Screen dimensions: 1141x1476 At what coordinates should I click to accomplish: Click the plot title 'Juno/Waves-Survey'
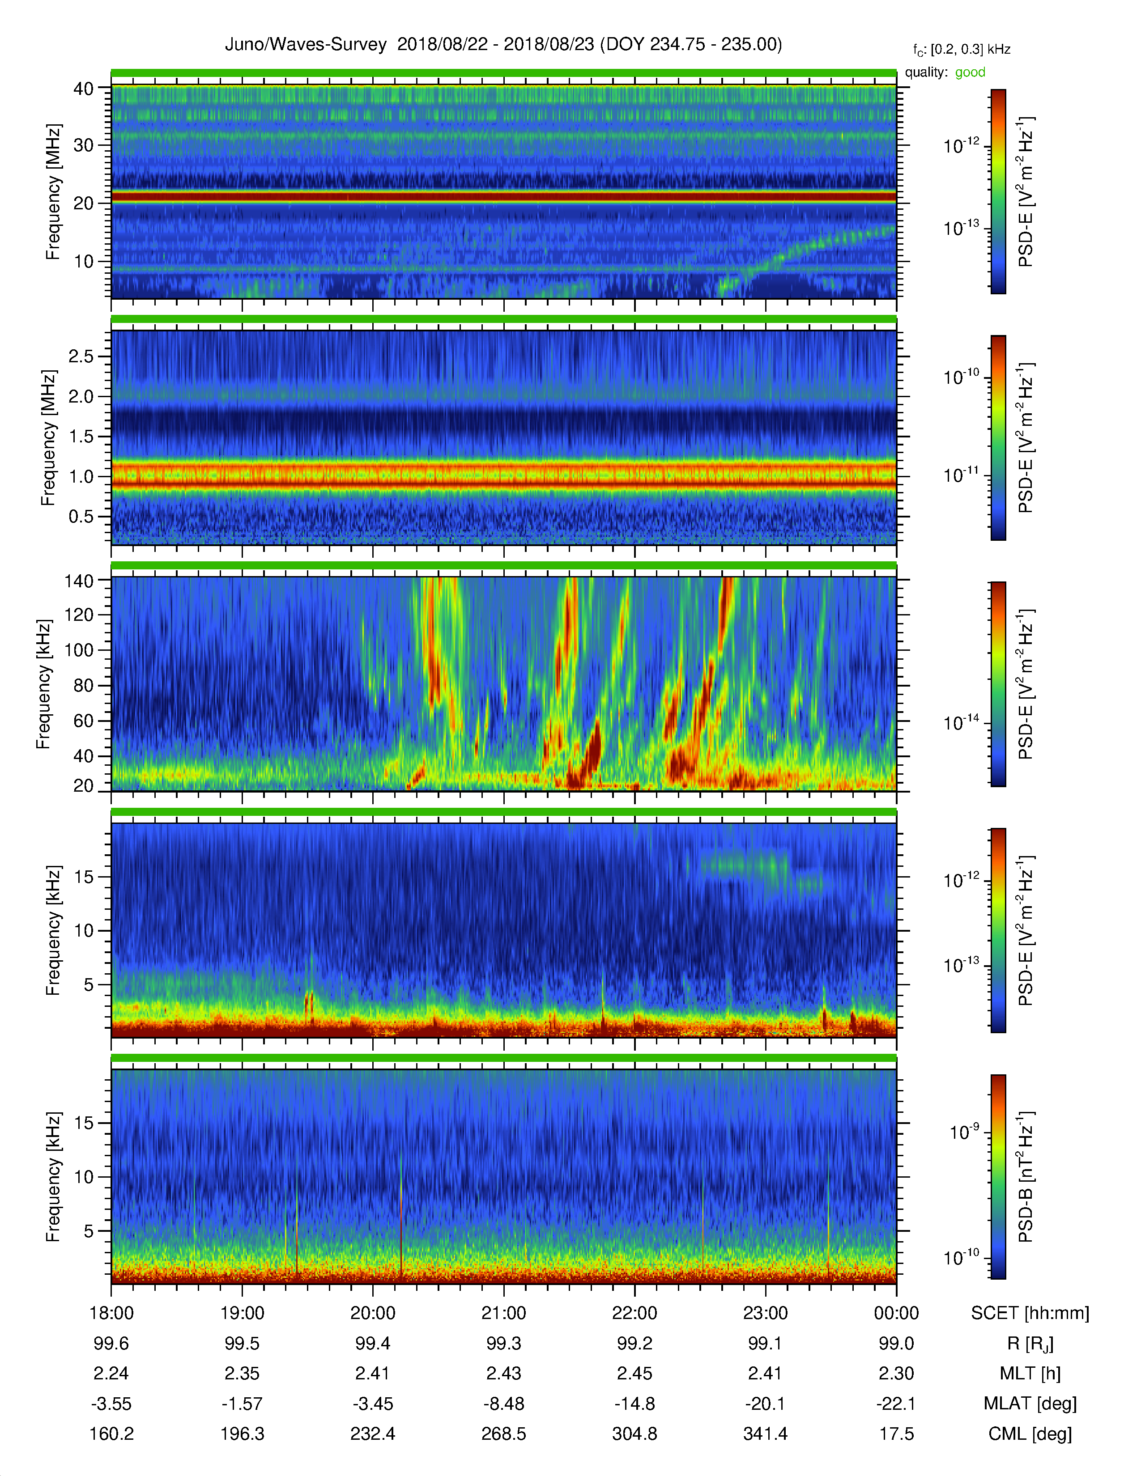coord(306,45)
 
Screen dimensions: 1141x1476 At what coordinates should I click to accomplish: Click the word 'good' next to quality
coord(970,72)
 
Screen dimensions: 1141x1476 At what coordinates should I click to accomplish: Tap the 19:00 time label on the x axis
coord(242,1313)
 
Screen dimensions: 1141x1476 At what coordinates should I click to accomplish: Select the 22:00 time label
coord(635,1313)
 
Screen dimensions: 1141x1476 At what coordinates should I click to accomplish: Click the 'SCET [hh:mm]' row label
coord(1030,1313)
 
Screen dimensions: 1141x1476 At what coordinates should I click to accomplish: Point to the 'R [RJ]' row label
coord(1030,1344)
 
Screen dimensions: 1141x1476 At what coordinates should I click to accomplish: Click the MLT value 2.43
coord(503,1373)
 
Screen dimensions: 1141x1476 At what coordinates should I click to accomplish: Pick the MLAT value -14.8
coord(635,1404)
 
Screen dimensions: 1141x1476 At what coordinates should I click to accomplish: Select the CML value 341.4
coord(765,1434)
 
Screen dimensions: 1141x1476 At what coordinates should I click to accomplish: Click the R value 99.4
coord(372,1344)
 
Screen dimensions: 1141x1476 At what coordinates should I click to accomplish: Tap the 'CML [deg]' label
coord(1030,1434)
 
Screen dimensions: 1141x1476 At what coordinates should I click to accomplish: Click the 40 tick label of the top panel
coord(84,89)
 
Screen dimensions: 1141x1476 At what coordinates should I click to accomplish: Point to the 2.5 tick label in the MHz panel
coord(81,356)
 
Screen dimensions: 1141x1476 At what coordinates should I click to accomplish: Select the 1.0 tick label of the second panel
coord(81,476)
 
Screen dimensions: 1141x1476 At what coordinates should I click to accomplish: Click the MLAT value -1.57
coord(242,1404)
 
